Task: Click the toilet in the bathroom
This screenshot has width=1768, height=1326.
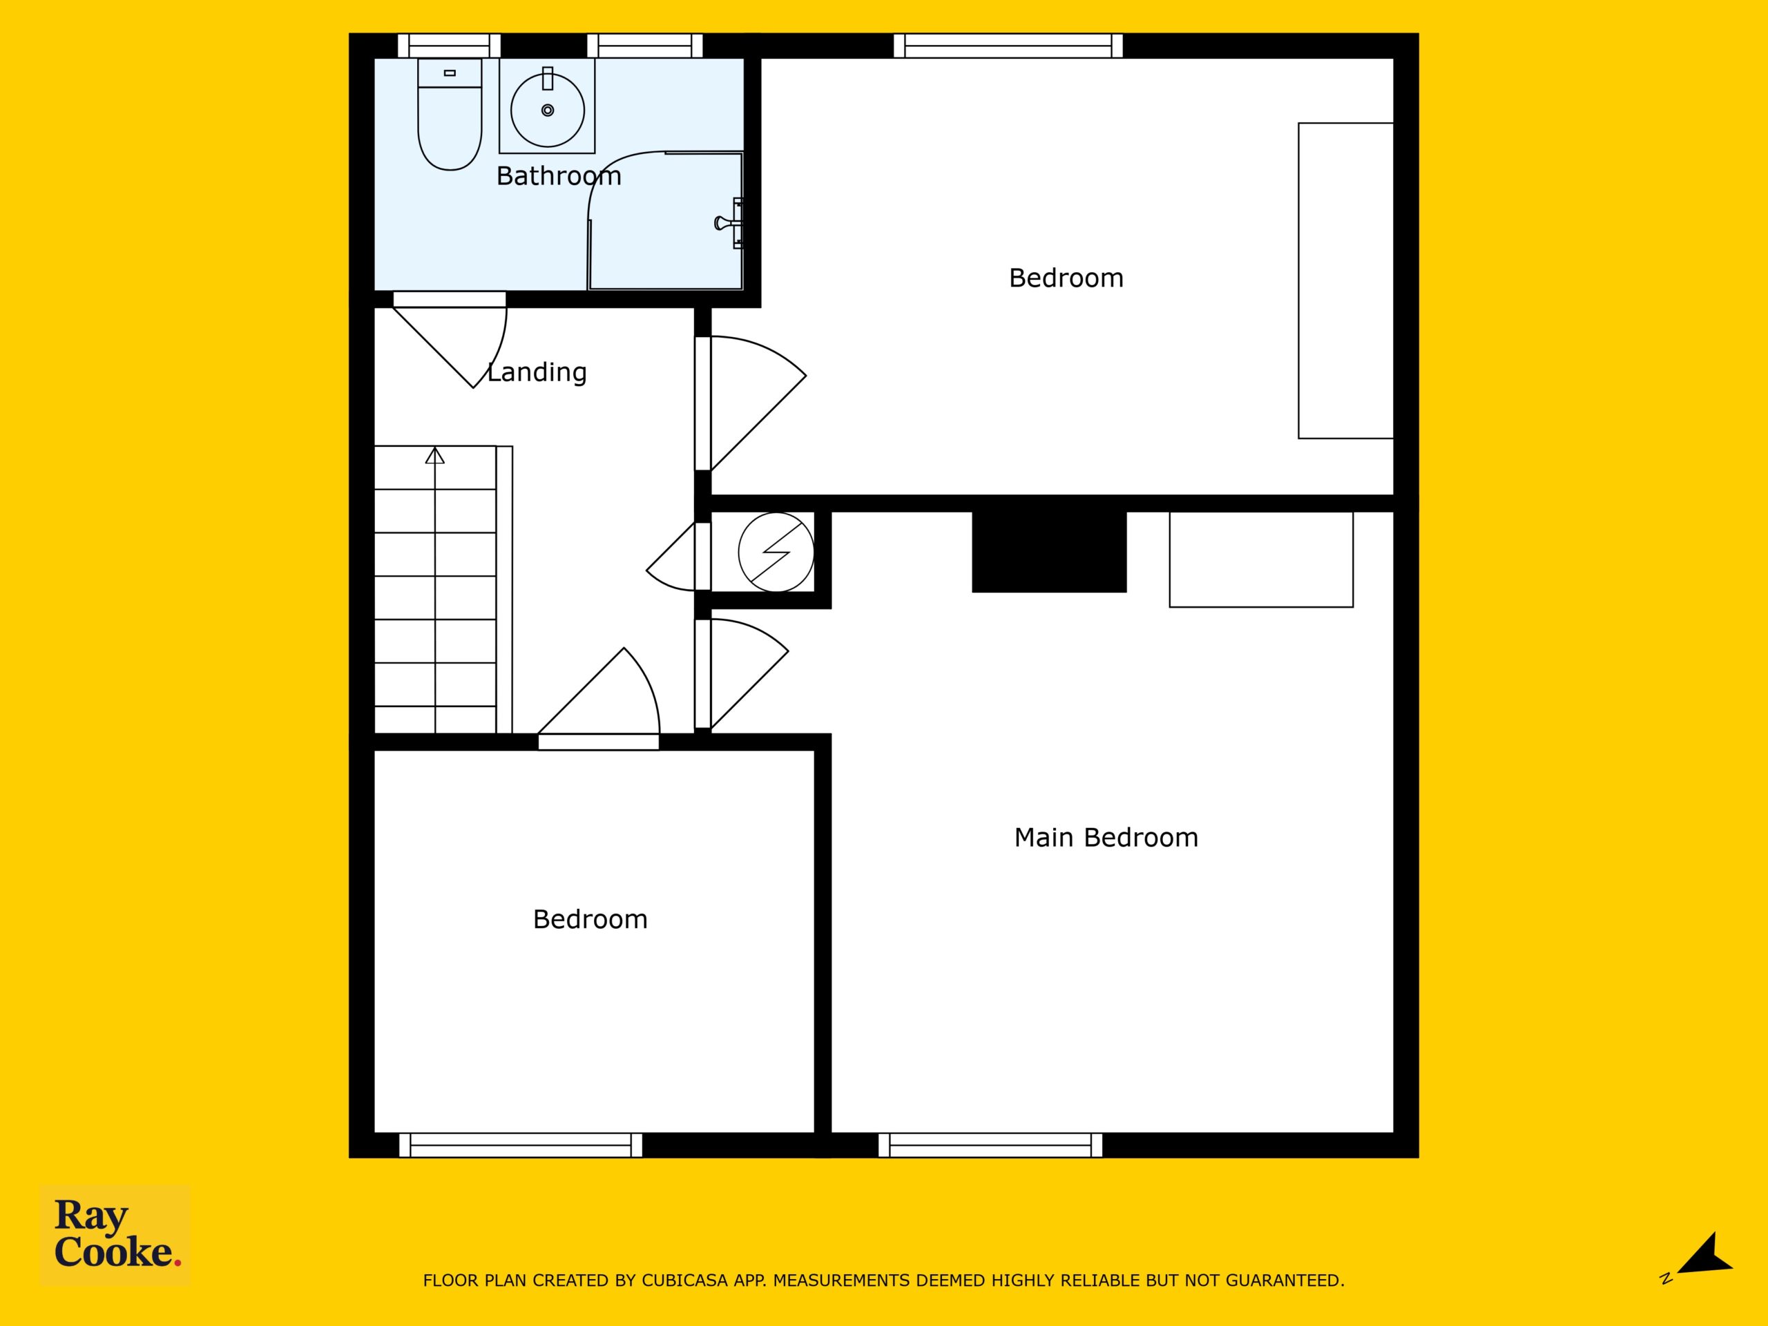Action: [x=449, y=113]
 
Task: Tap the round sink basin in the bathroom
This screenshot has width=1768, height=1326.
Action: [x=548, y=110]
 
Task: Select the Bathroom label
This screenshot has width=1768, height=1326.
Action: [x=559, y=176]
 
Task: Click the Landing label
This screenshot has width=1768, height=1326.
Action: [x=537, y=372]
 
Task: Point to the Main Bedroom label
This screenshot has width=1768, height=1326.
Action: [x=1106, y=838]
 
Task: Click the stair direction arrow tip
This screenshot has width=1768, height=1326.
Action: [x=435, y=448]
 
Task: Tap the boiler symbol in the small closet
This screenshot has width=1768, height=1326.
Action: [x=776, y=552]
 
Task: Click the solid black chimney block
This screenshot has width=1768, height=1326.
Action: [x=1048, y=552]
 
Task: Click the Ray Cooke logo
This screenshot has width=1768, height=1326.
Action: [x=116, y=1234]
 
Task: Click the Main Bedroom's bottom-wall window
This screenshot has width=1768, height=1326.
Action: [x=990, y=1144]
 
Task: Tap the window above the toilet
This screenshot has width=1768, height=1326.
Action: [x=449, y=46]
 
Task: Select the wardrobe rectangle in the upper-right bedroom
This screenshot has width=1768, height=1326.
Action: [x=1345, y=280]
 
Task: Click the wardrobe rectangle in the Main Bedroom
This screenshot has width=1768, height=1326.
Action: [x=1261, y=559]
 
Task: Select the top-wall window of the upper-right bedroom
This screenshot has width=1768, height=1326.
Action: [x=1008, y=46]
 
